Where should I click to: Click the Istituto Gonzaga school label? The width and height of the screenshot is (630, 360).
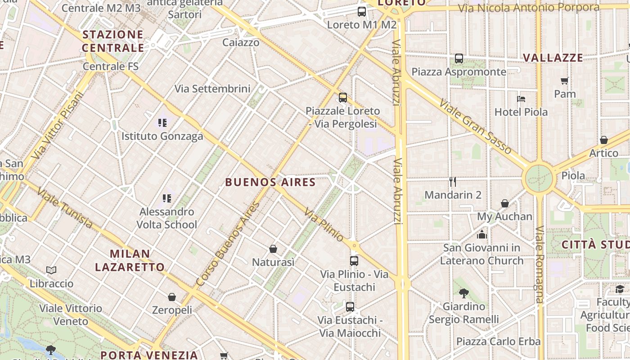(162, 136)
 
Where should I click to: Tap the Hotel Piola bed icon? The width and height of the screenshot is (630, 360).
(521, 99)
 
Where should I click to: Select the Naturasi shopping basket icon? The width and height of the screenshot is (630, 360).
(273, 249)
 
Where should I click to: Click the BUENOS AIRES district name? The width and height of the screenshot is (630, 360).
(270, 182)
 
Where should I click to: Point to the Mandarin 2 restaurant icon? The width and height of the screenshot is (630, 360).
(453, 182)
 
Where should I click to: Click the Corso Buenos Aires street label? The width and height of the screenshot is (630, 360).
(228, 244)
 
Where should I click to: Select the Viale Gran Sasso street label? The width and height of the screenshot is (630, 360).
(475, 126)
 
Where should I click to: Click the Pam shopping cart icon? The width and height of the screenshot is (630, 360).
(565, 81)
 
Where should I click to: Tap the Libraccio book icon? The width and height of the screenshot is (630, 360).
(51, 270)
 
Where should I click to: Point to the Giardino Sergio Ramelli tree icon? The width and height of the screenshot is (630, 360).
(463, 293)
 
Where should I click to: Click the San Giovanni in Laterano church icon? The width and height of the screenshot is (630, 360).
(482, 234)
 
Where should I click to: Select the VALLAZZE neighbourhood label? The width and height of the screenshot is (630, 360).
(553, 58)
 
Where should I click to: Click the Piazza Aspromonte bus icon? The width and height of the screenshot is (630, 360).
(459, 58)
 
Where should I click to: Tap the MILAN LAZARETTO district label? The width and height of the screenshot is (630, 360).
(130, 260)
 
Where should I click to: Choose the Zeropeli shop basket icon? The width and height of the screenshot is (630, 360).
(172, 297)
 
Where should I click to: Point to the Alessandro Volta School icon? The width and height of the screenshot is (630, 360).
(167, 198)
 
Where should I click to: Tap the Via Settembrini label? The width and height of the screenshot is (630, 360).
(212, 89)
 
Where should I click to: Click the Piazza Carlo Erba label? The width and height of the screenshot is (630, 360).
(498, 341)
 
